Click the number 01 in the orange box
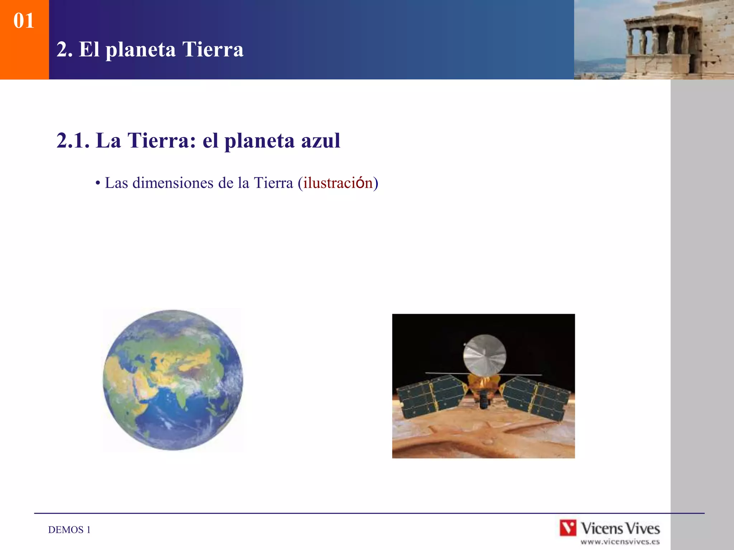24,21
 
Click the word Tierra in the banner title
213,49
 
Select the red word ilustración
338,183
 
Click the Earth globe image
173,380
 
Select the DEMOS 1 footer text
69,530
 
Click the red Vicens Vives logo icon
568,528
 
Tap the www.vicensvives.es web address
620,542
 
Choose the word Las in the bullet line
116,183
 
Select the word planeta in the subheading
259,141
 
